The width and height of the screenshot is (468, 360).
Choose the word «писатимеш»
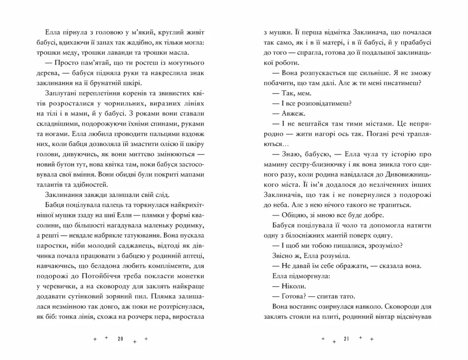399,82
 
